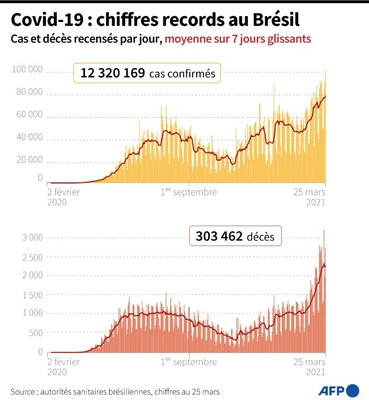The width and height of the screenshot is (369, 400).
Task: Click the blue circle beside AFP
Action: pos(353,390)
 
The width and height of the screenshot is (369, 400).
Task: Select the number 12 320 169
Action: pos(112,73)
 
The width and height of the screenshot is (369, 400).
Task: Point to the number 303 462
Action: pos(219,236)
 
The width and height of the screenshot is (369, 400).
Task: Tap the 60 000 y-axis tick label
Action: pos(29,115)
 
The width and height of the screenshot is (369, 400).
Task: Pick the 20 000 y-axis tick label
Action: pos(29,159)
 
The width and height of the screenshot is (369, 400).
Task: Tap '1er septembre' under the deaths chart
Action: pos(188,361)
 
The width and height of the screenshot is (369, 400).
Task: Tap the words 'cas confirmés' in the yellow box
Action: pos(182,74)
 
